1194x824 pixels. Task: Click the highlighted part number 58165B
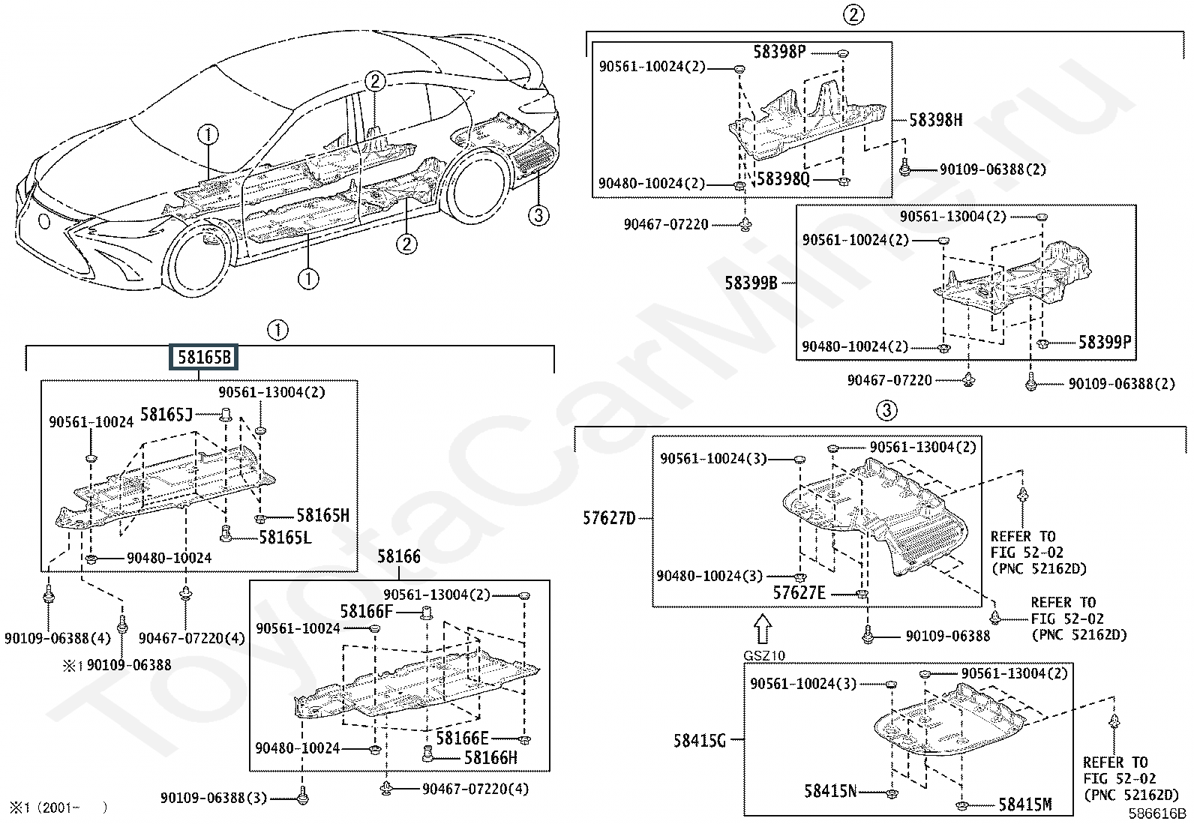204,358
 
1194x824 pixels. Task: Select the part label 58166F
366,612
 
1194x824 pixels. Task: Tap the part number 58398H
935,120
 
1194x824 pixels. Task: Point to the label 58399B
751,283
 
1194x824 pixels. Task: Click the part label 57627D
608,517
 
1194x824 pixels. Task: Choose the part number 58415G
699,741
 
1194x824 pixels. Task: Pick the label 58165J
166,415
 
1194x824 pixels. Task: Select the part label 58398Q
784,179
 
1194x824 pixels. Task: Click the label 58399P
1104,343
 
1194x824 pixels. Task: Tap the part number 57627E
799,593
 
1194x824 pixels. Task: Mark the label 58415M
1024,805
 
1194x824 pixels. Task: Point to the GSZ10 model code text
763,656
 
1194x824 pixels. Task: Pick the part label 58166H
490,758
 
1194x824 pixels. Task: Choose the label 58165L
285,538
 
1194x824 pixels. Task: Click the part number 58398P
779,52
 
